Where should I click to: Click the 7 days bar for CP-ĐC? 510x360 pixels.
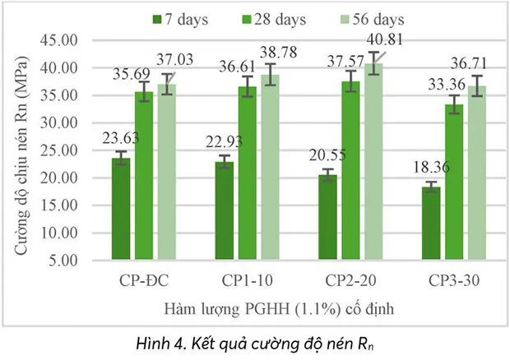121,209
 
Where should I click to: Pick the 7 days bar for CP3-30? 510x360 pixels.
430,223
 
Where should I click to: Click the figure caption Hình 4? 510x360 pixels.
256,339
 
